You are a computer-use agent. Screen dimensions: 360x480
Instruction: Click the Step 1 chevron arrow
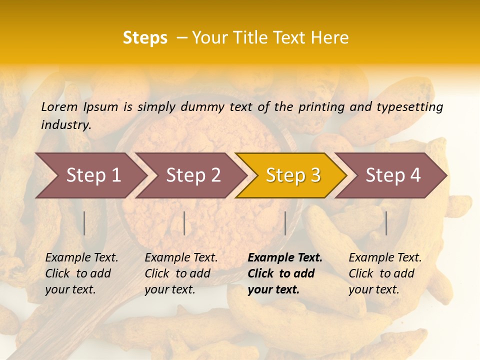click(x=90, y=175)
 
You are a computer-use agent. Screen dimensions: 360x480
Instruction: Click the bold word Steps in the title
click(x=145, y=38)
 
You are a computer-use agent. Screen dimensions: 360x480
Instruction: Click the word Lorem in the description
click(x=59, y=106)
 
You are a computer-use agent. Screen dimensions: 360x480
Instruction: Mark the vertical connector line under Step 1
click(x=84, y=223)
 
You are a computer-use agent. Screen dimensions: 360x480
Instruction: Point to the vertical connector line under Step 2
click(x=184, y=223)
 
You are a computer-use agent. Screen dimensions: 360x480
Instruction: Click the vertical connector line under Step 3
click(x=285, y=223)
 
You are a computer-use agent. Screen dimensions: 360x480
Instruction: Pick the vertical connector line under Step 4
click(x=386, y=223)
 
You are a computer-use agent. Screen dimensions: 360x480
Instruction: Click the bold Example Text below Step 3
click(x=285, y=258)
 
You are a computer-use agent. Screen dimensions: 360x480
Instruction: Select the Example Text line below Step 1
click(x=81, y=258)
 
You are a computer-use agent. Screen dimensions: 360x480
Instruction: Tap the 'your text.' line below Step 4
click(x=373, y=289)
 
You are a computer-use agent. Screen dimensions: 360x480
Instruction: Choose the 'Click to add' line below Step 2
click(x=177, y=273)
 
